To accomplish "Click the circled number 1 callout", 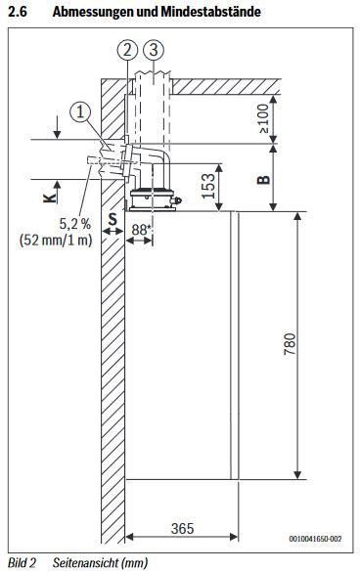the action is [x=80, y=111].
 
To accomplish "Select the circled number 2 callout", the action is [x=127, y=50].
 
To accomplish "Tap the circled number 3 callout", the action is [x=154, y=50].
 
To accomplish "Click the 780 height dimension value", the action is [x=291, y=344].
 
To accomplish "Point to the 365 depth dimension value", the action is [x=183, y=528].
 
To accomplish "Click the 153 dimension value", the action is [x=208, y=186].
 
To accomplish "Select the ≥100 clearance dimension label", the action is [x=263, y=118].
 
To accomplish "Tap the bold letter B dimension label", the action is [x=264, y=180].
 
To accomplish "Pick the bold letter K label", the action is [x=50, y=198].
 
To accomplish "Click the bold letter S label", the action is [x=112, y=219].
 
